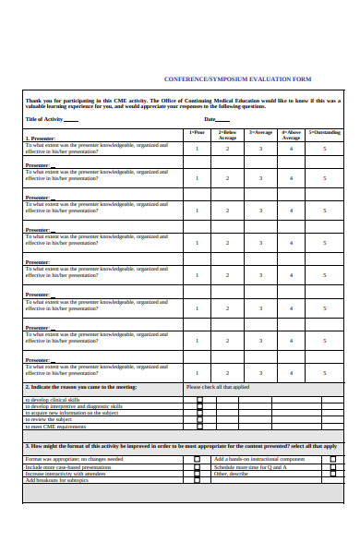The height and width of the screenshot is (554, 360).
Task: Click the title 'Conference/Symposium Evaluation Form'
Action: [x=237, y=79]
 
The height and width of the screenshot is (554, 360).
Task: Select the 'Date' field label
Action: [x=210, y=119]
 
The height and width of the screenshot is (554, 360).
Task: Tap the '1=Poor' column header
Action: [x=197, y=132]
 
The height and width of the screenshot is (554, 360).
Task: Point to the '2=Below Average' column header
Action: [x=227, y=135]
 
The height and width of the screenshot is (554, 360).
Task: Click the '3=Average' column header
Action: [x=260, y=132]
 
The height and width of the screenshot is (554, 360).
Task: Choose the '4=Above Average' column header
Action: [x=291, y=135]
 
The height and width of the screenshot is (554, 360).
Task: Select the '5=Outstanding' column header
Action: [x=324, y=132]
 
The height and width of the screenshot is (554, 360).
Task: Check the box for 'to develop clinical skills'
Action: [x=199, y=400]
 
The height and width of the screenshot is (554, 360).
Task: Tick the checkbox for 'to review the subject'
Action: [x=199, y=419]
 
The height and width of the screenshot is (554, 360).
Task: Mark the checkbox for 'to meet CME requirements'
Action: [x=199, y=427]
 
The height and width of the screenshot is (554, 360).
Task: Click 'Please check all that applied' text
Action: [x=218, y=387]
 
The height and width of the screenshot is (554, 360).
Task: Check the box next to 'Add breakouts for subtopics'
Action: [x=196, y=480]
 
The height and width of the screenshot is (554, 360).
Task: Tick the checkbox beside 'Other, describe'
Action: [x=332, y=474]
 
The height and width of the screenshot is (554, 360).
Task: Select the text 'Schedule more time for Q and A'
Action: [x=250, y=466]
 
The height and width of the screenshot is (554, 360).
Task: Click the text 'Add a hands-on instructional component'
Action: [x=258, y=459]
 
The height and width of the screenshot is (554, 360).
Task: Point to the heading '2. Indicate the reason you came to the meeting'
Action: [x=80, y=387]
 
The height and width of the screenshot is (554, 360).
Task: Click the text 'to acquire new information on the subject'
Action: [x=74, y=413]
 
